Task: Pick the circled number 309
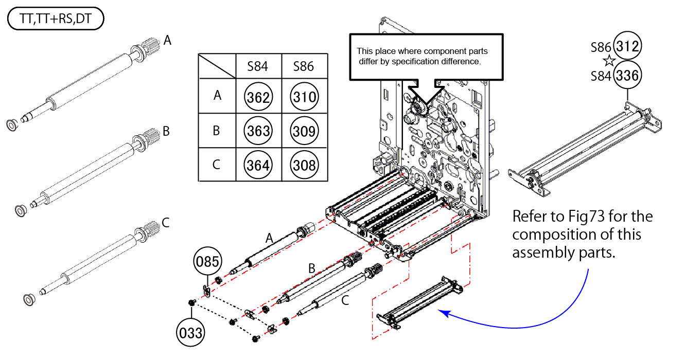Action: pos(305,131)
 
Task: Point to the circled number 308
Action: pos(305,165)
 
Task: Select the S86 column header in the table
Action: pos(304,66)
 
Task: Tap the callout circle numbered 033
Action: pos(190,333)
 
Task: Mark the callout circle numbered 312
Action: pos(628,47)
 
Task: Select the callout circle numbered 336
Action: pos(628,76)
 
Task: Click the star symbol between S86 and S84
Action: pos(609,61)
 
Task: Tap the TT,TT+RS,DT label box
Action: pos(56,20)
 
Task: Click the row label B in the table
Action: pos(217,131)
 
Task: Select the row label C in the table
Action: pos(217,165)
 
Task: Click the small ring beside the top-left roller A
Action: pos(10,125)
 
